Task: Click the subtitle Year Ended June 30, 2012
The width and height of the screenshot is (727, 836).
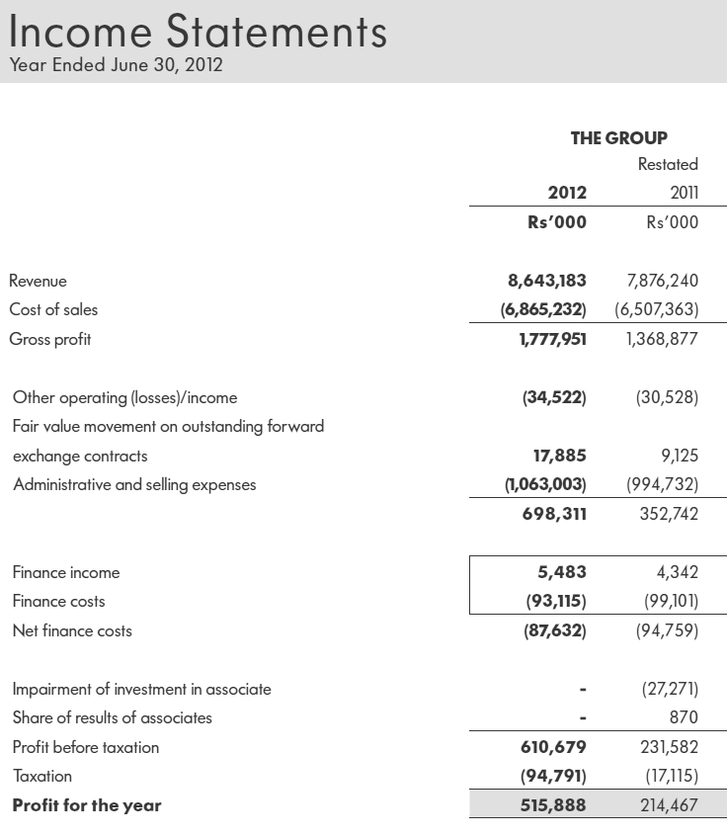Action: pyautogui.click(x=116, y=66)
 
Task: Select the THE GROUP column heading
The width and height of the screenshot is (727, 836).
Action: pyautogui.click(x=618, y=138)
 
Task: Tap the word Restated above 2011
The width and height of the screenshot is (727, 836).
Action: pyautogui.click(x=668, y=164)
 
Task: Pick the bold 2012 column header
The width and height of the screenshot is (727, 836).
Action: pyautogui.click(x=567, y=193)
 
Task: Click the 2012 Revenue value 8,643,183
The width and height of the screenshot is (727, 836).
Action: pyautogui.click(x=546, y=281)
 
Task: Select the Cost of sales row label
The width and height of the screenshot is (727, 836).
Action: pyautogui.click(x=53, y=309)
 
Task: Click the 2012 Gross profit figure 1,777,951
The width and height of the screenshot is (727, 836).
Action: pyautogui.click(x=546, y=339)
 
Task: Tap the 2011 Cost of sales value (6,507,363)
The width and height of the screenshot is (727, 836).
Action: pyautogui.click(x=656, y=309)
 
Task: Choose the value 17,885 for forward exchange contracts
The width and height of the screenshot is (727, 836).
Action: pyautogui.click(x=559, y=456)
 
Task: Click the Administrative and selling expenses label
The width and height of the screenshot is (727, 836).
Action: pyautogui.click(x=134, y=484)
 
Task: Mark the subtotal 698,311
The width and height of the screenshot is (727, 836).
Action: pyautogui.click(x=554, y=514)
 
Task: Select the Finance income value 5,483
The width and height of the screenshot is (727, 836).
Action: pyautogui.click(x=565, y=572)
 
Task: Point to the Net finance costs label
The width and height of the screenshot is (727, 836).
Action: pyautogui.click(x=72, y=630)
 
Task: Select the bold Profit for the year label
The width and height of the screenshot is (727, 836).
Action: pyautogui.click(x=87, y=805)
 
